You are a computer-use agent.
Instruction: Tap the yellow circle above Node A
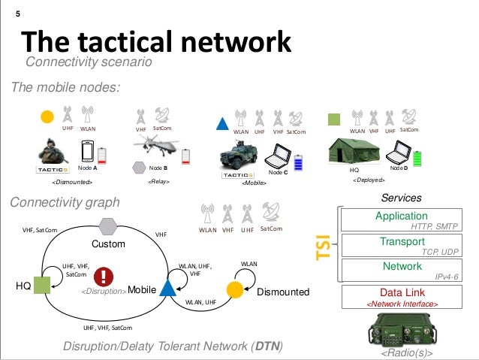47,116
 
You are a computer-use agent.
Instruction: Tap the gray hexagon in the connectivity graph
109,225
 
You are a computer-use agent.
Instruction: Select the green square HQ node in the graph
41,285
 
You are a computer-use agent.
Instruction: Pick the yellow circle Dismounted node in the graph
233,289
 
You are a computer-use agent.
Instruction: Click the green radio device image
400,328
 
